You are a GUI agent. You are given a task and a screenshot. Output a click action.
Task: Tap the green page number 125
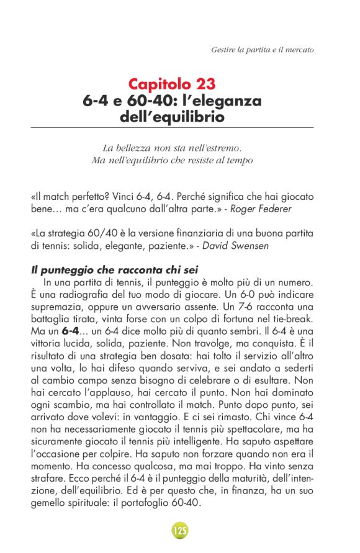coord(180,530)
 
